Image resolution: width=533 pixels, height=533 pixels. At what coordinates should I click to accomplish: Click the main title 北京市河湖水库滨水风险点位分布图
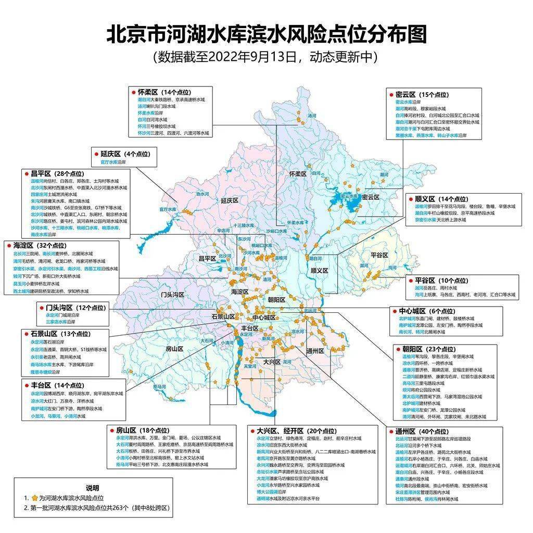266,35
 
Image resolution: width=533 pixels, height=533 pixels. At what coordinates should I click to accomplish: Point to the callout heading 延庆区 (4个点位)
121,154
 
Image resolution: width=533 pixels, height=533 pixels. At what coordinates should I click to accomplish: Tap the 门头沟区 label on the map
172,295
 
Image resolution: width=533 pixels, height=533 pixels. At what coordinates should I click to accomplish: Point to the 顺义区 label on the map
319,271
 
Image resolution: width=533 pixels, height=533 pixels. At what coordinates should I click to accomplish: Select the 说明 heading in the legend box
92,488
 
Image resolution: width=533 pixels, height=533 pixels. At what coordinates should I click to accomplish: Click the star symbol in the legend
35,498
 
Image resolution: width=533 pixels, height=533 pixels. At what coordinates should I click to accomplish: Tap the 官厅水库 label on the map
168,209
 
